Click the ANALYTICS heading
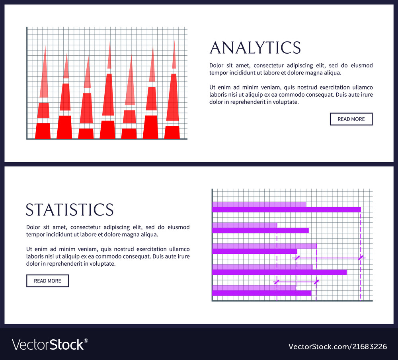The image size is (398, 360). point(255,47)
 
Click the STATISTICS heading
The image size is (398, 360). point(70,210)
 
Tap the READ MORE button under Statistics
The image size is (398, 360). point(47,281)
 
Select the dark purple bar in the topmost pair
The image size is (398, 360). point(287,210)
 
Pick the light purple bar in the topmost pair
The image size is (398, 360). point(259,204)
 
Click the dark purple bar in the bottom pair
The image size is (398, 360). point(261,293)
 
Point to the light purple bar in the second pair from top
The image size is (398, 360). point(244,225)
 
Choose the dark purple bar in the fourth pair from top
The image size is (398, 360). point(279,272)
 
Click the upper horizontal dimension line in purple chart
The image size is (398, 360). point(329,258)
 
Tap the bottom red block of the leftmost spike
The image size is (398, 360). point(43,131)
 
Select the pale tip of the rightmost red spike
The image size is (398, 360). point(174,56)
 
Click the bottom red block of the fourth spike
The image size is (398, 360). point(107,130)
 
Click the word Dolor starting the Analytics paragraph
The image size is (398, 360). point(217,66)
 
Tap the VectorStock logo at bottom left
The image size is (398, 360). point(48,344)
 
